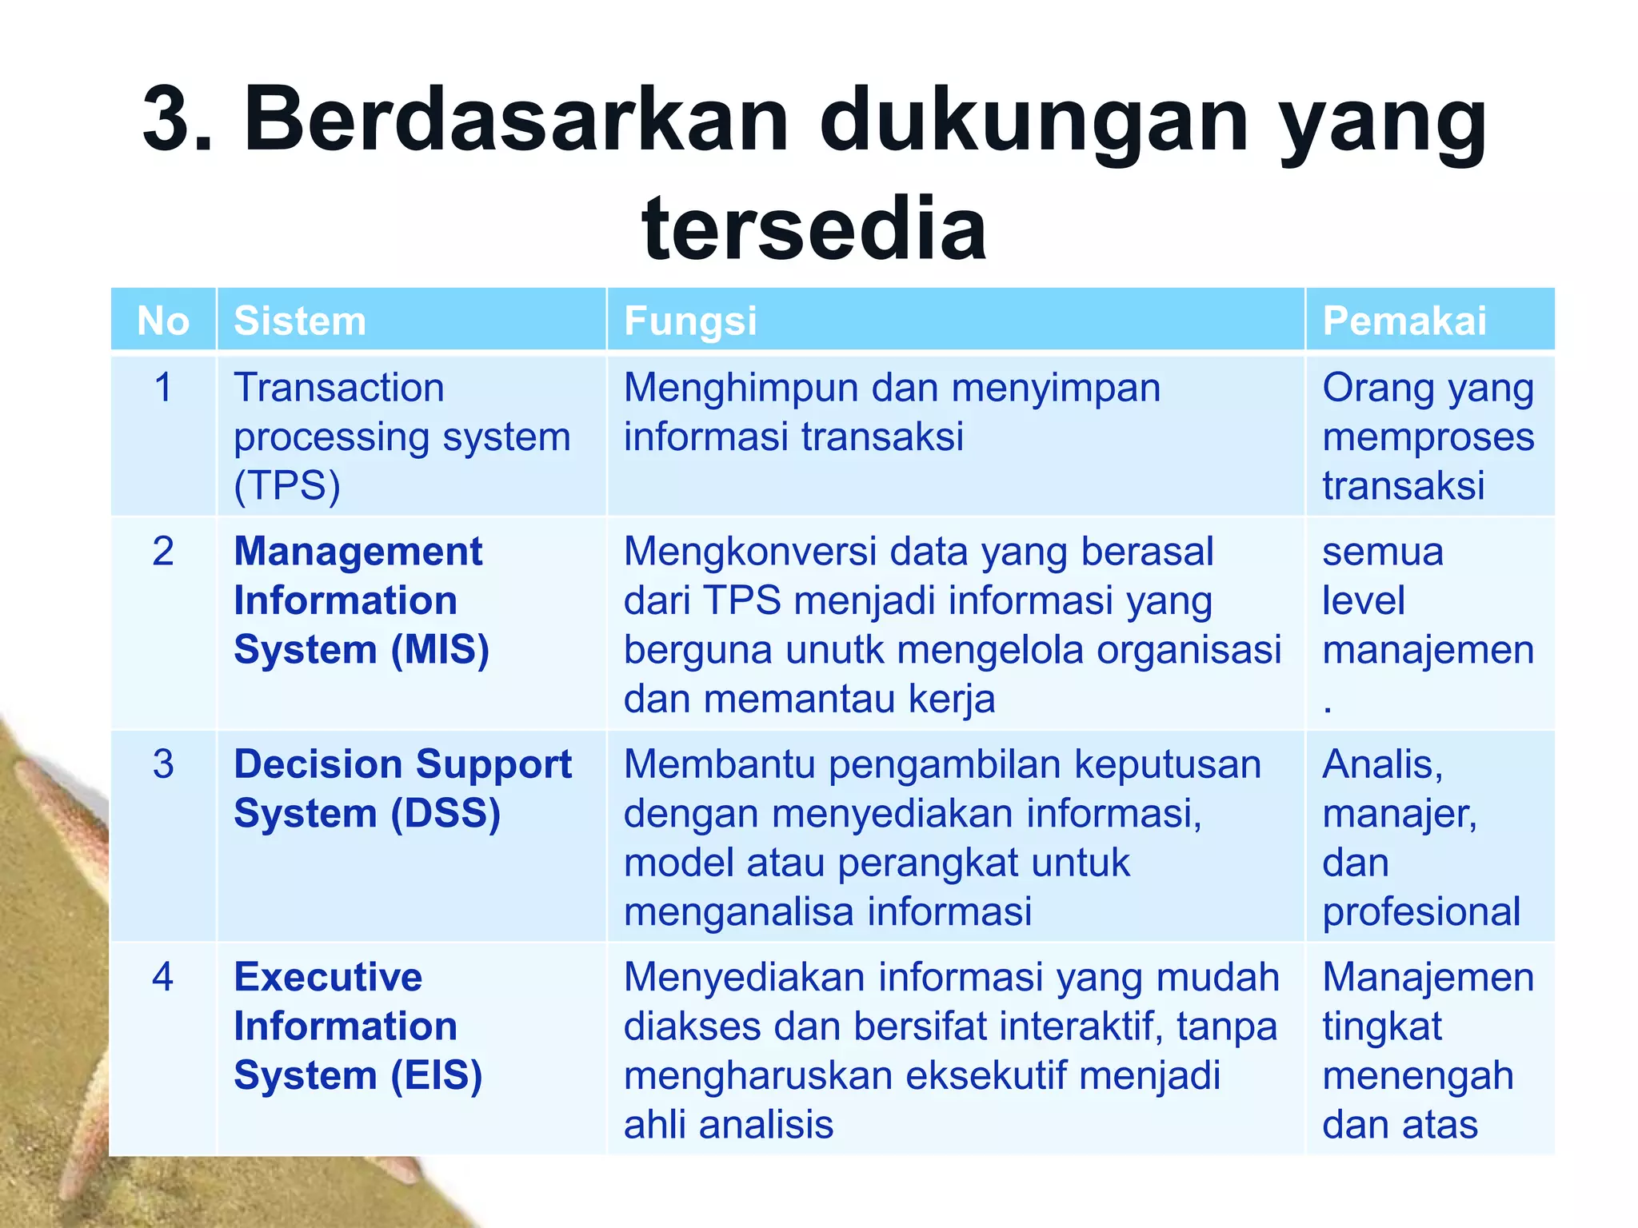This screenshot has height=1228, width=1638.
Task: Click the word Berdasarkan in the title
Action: pos(516,120)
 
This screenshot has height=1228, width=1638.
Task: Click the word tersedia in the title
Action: pos(813,229)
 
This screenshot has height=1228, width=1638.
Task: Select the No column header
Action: pos(163,321)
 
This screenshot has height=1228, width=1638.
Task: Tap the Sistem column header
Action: pos(300,321)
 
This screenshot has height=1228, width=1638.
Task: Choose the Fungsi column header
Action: pos(690,321)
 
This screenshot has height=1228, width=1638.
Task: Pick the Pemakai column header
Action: pos(1404,321)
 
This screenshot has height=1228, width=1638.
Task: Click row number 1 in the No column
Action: pos(163,388)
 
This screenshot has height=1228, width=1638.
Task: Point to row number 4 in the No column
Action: pos(163,977)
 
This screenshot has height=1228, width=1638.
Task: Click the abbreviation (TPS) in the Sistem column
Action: pos(287,486)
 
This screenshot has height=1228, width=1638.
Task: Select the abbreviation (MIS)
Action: pos(440,649)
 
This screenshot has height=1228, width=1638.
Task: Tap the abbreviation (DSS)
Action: pos(445,814)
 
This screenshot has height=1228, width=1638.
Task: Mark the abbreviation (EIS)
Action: pos(437,1075)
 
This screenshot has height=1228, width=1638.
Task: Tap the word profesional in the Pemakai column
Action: pos(1421,912)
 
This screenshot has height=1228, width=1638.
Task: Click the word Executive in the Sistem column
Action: pos(328,977)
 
